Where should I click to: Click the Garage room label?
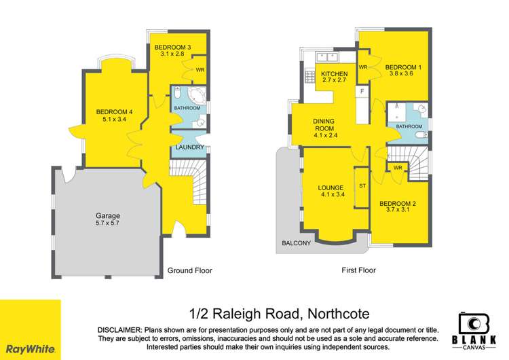point(108,215)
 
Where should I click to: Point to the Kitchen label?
point(334,74)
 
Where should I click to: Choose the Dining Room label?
point(324,126)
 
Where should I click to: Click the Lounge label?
point(333,187)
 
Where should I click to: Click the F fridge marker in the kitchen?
point(362,91)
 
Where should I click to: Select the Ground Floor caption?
point(190,270)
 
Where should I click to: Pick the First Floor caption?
point(358,270)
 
